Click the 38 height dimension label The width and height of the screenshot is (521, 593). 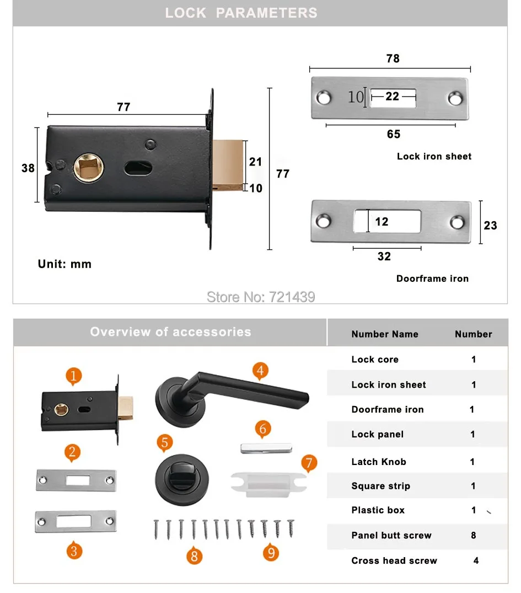pos(28,168)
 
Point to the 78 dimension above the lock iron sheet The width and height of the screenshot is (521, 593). pos(393,58)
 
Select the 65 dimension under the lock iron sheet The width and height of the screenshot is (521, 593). pos(394,134)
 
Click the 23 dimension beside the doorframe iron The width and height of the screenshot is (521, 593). pos(490,226)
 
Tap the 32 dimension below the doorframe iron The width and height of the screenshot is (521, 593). pos(384,257)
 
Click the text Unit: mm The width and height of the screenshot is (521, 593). pos(65,264)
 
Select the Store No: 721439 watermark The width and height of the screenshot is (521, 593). pos(261,297)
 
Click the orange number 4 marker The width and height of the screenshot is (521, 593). pos(260,371)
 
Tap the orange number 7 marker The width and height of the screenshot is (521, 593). pos(309,463)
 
